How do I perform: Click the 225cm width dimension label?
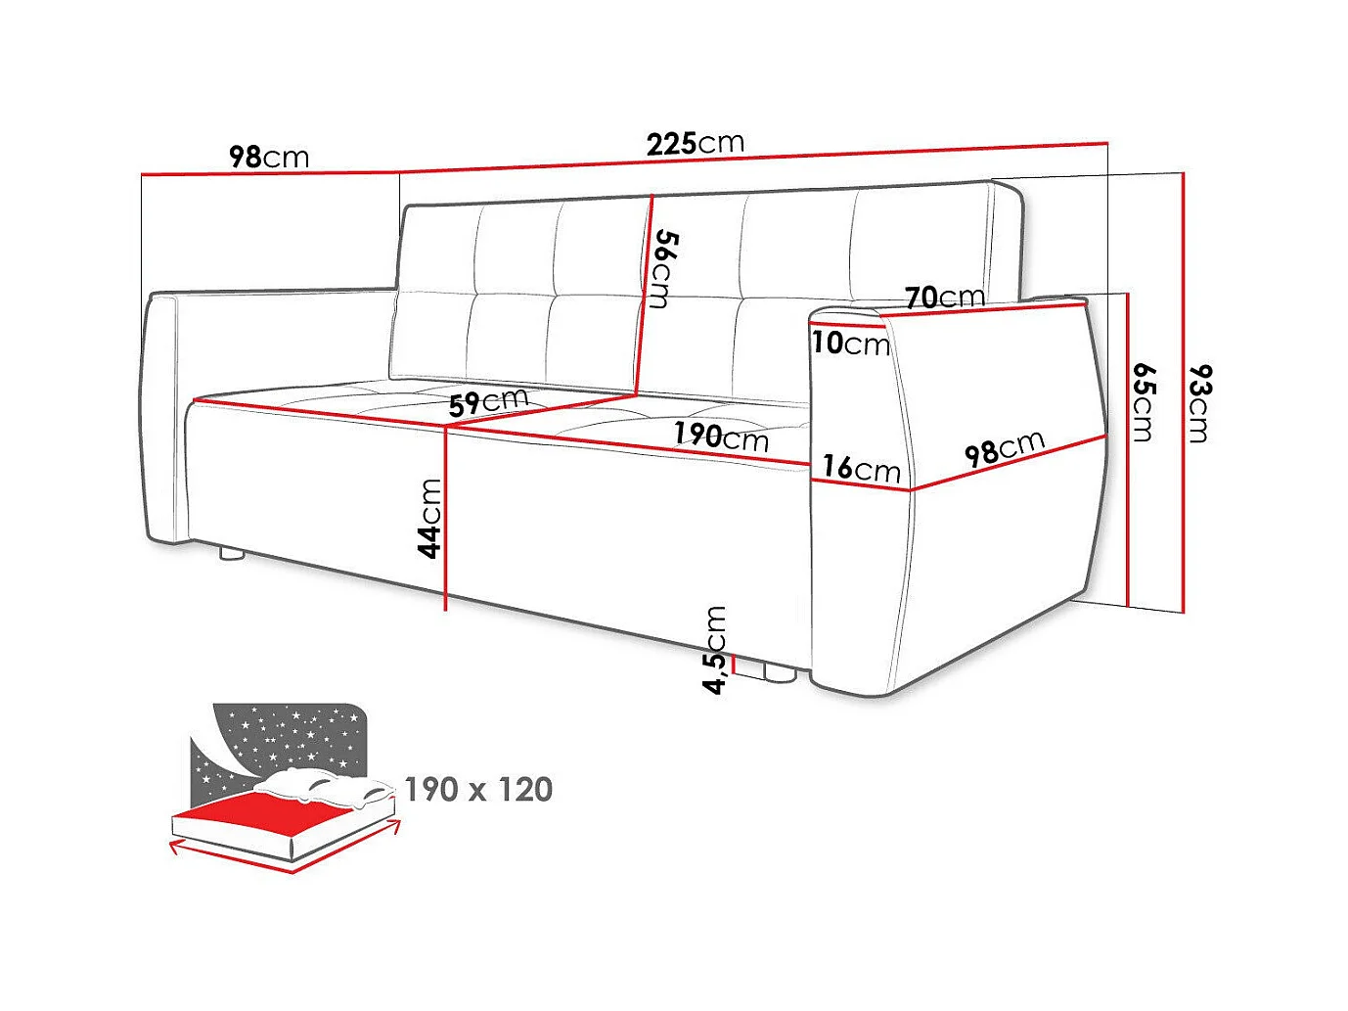pyautogui.click(x=695, y=143)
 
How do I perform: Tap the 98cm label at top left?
pyautogui.click(x=269, y=157)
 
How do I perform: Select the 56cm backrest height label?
pyautogui.click(x=664, y=268)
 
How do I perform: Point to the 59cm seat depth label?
pyautogui.click(x=488, y=401)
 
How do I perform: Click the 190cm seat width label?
pyautogui.click(x=721, y=436)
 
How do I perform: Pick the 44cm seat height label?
pyautogui.click(x=429, y=518)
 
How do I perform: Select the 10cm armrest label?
pyautogui.click(x=850, y=343)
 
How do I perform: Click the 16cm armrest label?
pyautogui.click(x=861, y=468)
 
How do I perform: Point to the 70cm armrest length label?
pyautogui.click(x=944, y=297)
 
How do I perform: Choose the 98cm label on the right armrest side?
pyautogui.click(x=1005, y=448)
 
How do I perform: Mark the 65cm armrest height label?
pyautogui.click(x=1144, y=401)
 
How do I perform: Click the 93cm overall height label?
pyautogui.click(x=1200, y=402)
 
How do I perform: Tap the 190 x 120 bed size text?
pyautogui.click(x=478, y=789)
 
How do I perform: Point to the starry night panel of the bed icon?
pyautogui.click(x=284, y=734)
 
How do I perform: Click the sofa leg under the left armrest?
pyautogui.click(x=232, y=554)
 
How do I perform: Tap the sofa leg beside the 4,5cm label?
pyautogui.click(x=778, y=673)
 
